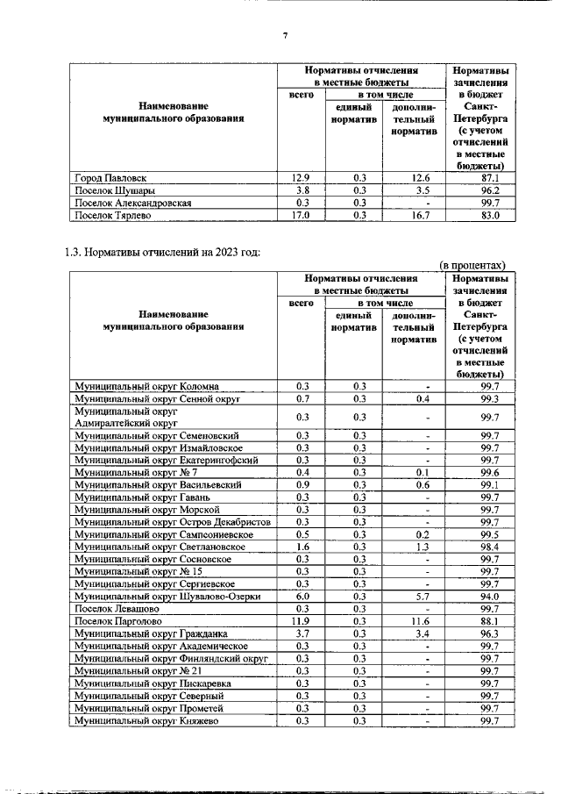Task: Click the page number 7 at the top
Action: pos(285,36)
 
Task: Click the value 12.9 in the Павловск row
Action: pos(301,177)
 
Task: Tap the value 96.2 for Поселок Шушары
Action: pos(479,190)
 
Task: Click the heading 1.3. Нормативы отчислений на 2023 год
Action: pos(163,254)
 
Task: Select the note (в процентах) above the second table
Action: pos(472,265)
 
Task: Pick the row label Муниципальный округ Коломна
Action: pos(146,385)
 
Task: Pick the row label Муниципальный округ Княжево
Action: pos(146,720)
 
